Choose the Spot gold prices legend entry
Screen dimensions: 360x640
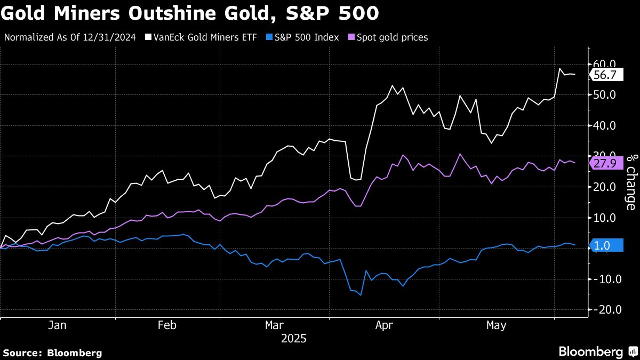pyautogui.click(x=388, y=37)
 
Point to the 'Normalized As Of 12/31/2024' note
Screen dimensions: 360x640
pyautogui.click(x=70, y=37)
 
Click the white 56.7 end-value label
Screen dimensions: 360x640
pyautogui.click(x=605, y=76)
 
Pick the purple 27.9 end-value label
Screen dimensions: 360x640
pyautogui.click(x=605, y=164)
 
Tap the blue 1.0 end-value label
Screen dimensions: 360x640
pyautogui.click(x=605, y=246)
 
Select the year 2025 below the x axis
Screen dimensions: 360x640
pyautogui.click(x=294, y=338)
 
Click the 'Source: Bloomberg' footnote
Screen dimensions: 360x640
pyautogui.click(x=52, y=353)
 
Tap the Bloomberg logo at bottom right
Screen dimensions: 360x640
pyautogui.click(x=597, y=351)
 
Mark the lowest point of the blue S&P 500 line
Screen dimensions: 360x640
pyautogui.click(x=361, y=295)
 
